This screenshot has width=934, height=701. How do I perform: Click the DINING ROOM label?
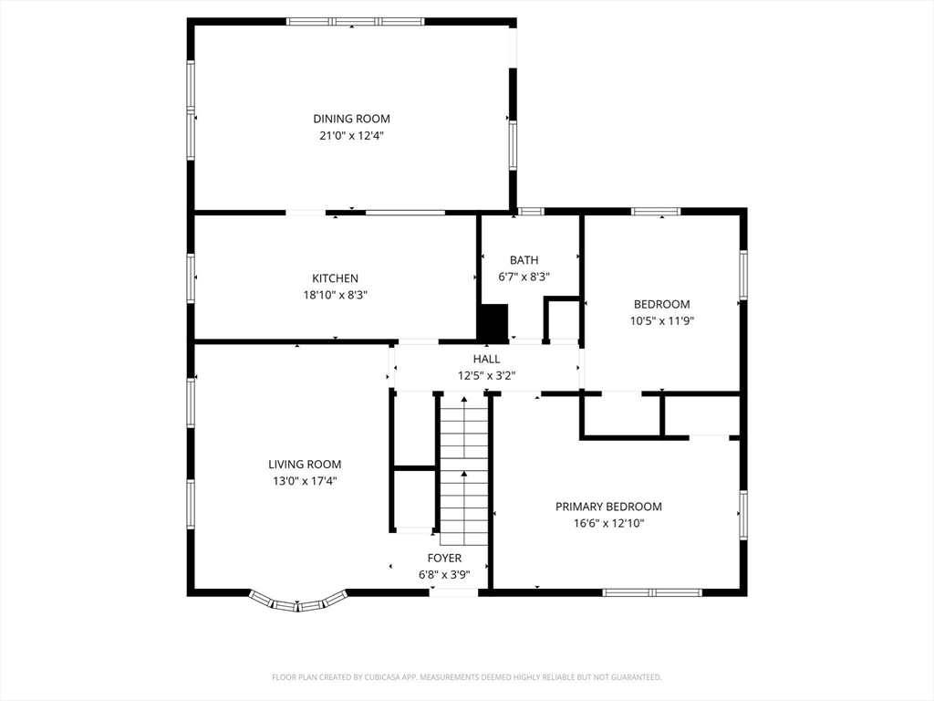351,119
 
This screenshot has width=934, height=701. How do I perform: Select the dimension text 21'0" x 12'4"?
351,135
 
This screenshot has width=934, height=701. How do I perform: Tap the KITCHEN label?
336,278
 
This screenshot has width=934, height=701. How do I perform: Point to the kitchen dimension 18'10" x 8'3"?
336,295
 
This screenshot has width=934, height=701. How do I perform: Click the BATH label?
524,260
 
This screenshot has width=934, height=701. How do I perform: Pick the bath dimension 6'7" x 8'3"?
524,277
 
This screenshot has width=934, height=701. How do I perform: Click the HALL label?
487,359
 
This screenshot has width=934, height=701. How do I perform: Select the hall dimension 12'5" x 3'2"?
487,375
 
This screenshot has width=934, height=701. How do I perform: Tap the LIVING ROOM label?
305,465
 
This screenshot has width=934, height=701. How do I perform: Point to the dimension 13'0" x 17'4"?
305,481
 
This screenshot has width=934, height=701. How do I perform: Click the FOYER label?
444,558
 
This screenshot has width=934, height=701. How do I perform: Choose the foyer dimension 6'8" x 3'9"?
444,575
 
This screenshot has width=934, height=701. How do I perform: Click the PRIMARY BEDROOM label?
608,507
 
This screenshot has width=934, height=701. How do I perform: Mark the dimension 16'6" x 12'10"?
608,523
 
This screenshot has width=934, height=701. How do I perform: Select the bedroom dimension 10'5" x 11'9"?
662,320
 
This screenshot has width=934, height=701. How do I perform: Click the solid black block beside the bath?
493,322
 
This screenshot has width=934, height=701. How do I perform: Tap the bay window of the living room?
297,602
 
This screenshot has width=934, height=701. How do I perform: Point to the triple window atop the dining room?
355,22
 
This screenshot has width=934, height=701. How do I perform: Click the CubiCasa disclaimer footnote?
467,677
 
